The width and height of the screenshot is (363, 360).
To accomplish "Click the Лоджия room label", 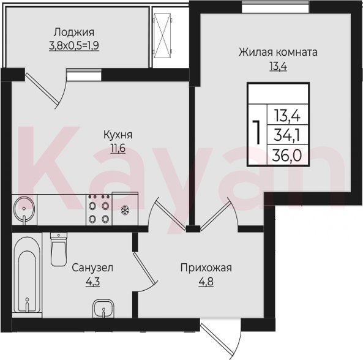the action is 74,32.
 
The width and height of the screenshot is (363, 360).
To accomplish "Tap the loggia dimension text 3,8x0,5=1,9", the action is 74,45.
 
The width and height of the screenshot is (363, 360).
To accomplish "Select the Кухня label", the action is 118,135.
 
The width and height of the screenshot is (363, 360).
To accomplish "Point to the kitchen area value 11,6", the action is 118,148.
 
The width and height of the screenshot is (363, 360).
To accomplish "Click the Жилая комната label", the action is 278,52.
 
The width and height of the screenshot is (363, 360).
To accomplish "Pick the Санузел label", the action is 92,268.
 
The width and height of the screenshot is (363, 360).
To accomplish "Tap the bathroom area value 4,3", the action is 92,282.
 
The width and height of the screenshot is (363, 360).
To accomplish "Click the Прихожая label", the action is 206,268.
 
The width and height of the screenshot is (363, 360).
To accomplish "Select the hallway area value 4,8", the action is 206,282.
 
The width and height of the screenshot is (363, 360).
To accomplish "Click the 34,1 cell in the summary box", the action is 287,135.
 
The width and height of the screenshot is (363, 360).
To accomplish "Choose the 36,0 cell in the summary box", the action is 287,156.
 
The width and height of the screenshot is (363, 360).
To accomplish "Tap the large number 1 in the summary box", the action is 256,132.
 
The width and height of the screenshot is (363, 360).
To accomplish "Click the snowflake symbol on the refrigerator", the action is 125,210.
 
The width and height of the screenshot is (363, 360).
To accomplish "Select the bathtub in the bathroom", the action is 28,274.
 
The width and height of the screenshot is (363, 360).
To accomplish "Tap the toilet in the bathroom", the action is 59,249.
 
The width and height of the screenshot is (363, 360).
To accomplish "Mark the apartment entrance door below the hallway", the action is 220,339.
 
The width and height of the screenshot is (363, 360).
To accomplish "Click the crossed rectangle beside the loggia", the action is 162,36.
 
